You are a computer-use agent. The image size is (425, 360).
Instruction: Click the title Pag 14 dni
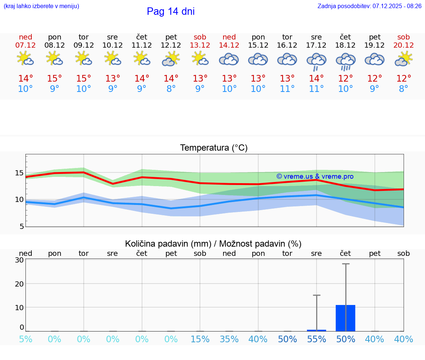170,11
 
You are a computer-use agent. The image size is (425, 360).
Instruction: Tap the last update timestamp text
369,6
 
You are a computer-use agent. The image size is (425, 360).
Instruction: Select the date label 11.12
142,45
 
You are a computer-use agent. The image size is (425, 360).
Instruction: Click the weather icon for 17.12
316,61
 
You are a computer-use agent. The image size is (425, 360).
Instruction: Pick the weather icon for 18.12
345,61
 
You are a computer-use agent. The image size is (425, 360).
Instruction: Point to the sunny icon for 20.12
404,59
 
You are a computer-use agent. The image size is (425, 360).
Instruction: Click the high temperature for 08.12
55,79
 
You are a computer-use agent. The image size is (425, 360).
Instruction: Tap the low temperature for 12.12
171,89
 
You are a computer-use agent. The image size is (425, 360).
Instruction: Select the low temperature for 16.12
287,89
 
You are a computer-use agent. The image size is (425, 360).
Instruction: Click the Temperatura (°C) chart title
214,148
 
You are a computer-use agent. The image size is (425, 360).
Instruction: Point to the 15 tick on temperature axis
19,173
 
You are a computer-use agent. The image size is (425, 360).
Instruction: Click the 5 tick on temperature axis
21,226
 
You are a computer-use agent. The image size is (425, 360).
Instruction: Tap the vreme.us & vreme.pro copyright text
315,176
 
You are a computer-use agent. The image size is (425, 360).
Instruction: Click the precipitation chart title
213,244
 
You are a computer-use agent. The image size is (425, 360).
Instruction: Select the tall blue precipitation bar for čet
345,318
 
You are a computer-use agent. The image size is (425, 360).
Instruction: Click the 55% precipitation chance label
317,339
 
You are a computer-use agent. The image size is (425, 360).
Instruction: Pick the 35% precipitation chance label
229,339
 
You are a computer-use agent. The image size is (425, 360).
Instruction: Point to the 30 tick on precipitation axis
19,260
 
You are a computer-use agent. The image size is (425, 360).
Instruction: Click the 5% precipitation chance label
25,339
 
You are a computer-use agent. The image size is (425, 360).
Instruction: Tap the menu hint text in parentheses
41,6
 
